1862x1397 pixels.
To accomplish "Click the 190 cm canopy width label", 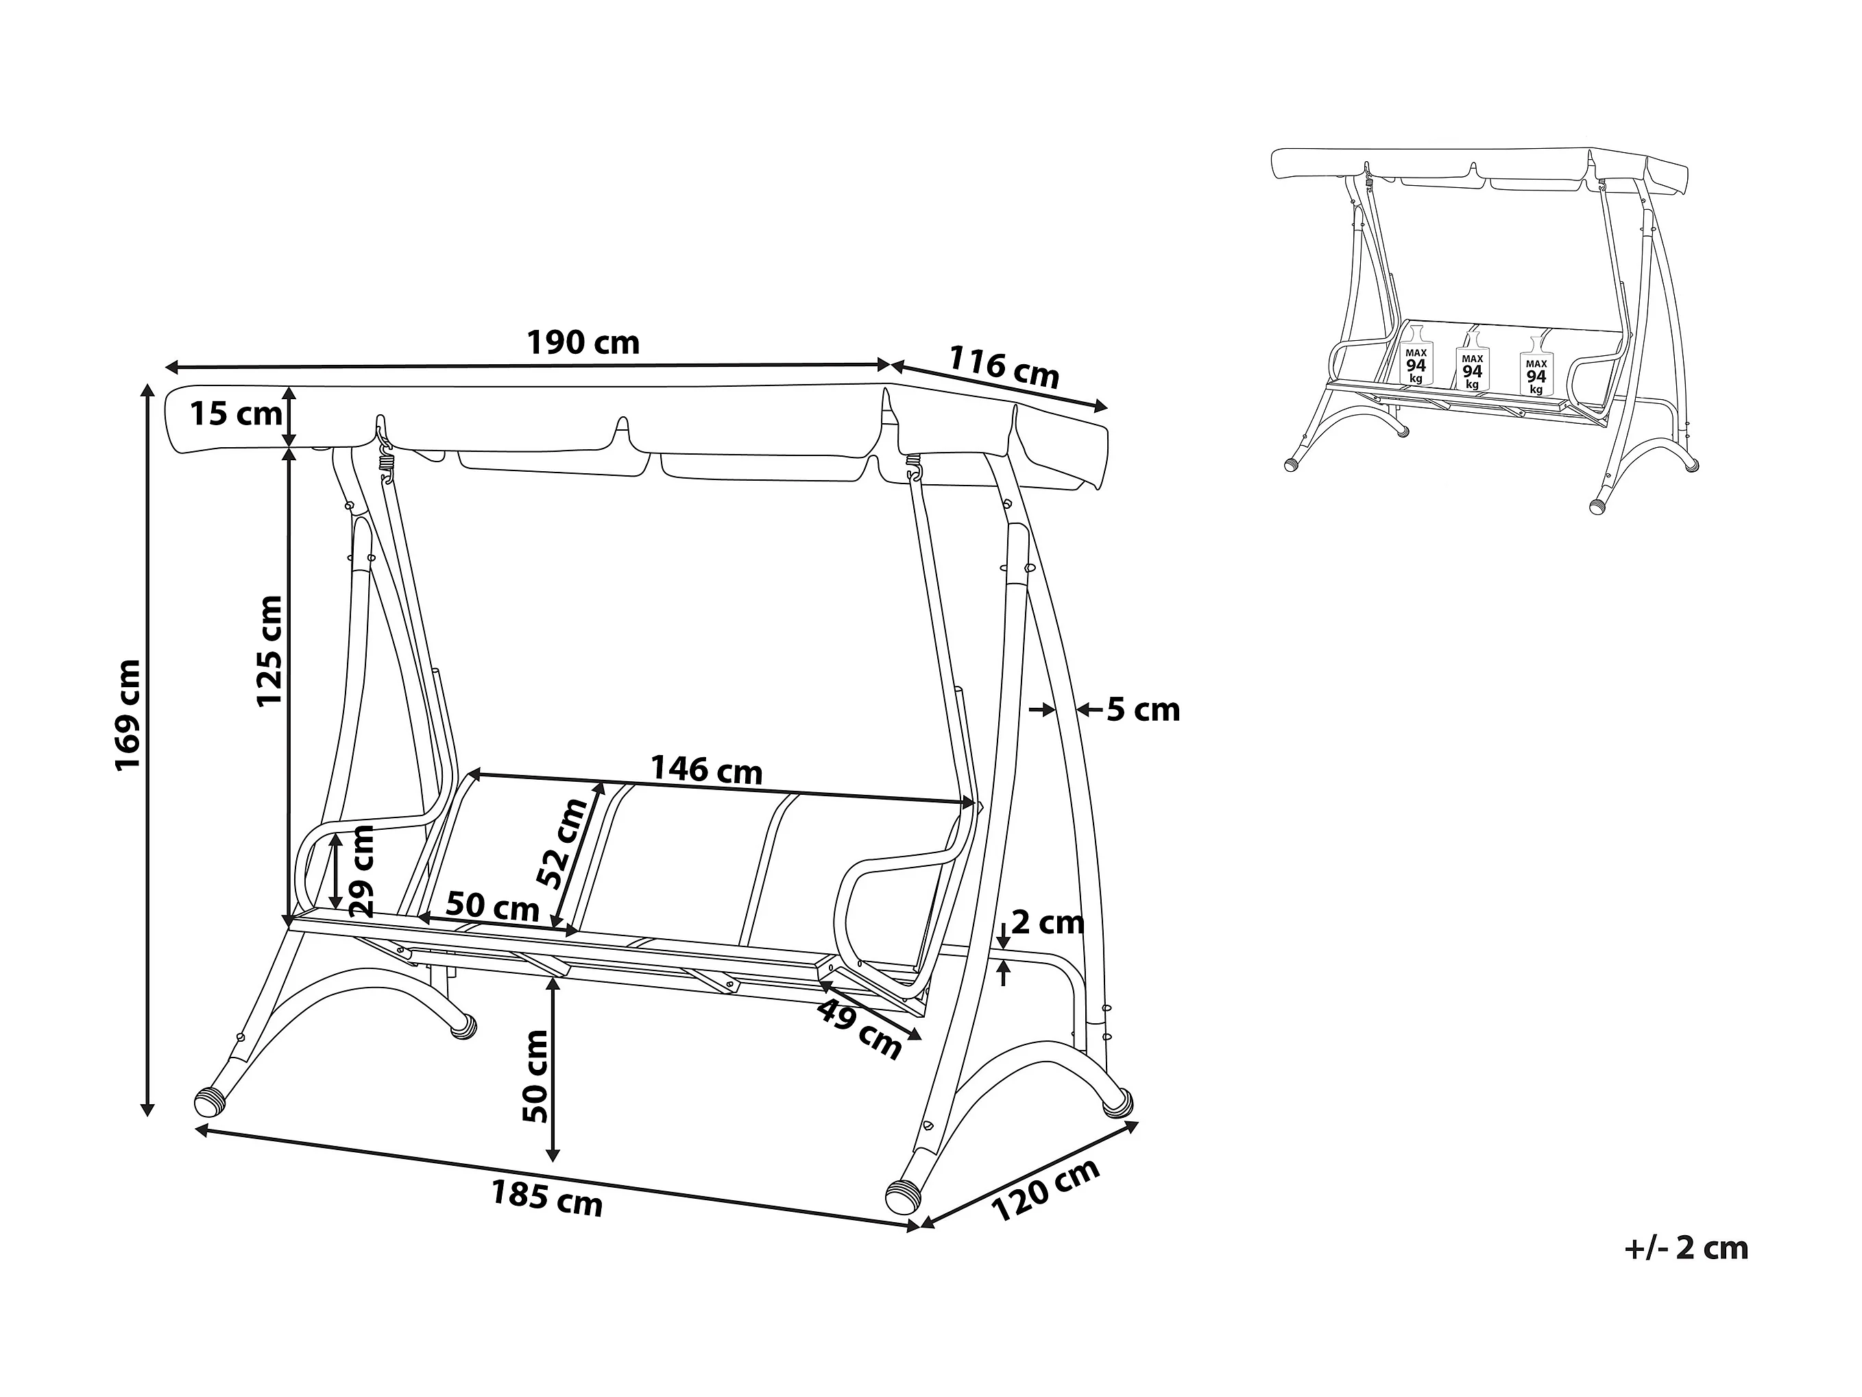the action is click(583, 344).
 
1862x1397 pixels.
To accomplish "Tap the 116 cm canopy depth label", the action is click(1004, 367).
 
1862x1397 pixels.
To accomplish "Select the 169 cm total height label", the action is click(128, 715).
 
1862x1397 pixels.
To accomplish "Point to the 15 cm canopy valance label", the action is click(235, 414).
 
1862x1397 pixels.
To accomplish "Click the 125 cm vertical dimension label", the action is click(269, 652).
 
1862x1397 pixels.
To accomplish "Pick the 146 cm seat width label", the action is click(706, 769).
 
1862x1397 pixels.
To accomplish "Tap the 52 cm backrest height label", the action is click(562, 844).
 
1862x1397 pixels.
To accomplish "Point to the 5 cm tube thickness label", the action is click(1142, 710).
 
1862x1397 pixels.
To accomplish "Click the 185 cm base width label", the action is click(546, 1198).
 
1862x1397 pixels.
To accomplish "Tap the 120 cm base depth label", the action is click(1045, 1189).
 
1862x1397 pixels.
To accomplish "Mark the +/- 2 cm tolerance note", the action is click(1686, 1248).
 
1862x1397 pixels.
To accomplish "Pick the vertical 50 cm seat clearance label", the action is click(535, 1077).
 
